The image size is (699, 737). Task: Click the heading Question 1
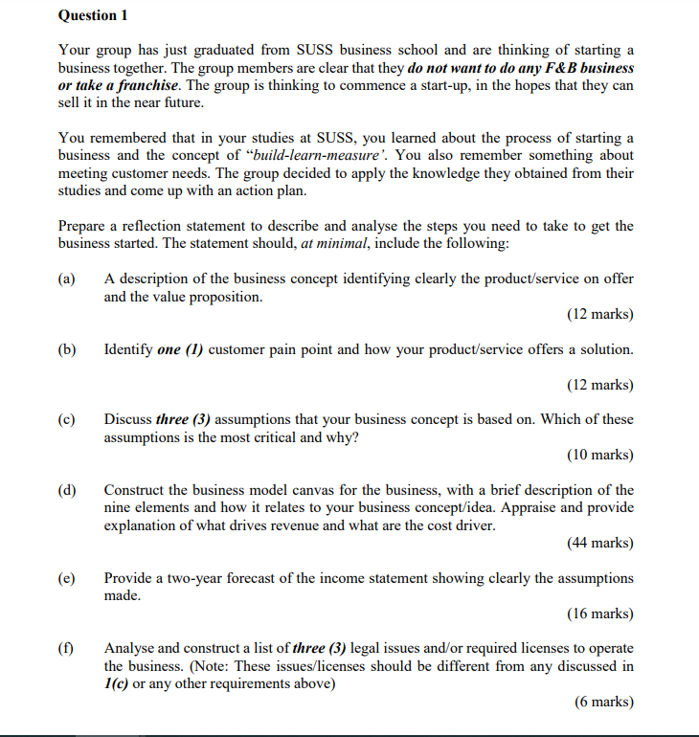[x=93, y=16]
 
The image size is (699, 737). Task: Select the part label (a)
[x=68, y=279]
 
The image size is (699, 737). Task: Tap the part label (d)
[x=68, y=490]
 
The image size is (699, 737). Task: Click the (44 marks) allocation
[x=599, y=544]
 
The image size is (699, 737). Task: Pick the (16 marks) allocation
[x=599, y=614]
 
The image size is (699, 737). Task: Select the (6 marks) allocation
[x=603, y=702]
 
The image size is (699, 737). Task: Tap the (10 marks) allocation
[x=599, y=455]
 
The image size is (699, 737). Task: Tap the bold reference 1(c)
[x=117, y=683]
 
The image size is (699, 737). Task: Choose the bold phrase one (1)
[x=179, y=349]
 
